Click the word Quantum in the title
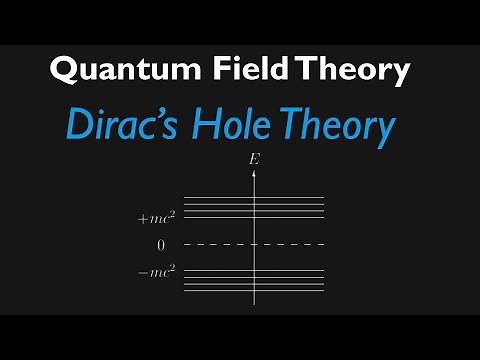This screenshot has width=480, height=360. point(115,71)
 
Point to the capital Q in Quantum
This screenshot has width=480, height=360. point(64,71)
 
